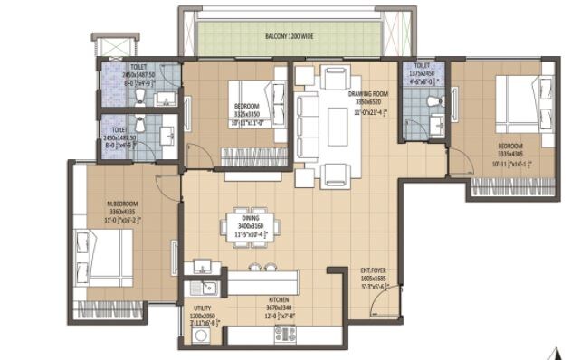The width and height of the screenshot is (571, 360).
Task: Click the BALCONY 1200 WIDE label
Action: tap(288, 37)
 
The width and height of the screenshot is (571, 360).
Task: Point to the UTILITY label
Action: tap(202, 308)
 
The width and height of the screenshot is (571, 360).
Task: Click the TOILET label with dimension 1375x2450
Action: tap(422, 66)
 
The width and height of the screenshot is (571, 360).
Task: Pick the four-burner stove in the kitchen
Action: tap(286, 334)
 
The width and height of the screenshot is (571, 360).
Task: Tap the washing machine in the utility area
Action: tap(201, 334)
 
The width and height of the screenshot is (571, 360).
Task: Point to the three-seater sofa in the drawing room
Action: tap(309, 128)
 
